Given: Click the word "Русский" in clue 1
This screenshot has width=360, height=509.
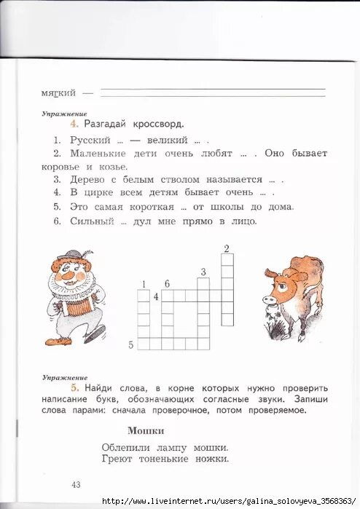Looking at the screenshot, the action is pyautogui.click(x=90, y=139).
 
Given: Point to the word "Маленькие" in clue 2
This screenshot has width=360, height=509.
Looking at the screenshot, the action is pyautogui.click(x=98, y=154).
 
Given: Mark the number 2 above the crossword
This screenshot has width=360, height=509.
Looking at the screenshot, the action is pyautogui.click(x=227, y=249).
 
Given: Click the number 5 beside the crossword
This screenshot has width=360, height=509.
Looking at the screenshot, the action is pyautogui.click(x=131, y=344).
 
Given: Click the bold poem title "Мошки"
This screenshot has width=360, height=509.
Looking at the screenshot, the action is pyautogui.click(x=146, y=430).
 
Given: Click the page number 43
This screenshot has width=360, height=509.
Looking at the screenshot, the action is pyautogui.click(x=77, y=485).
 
